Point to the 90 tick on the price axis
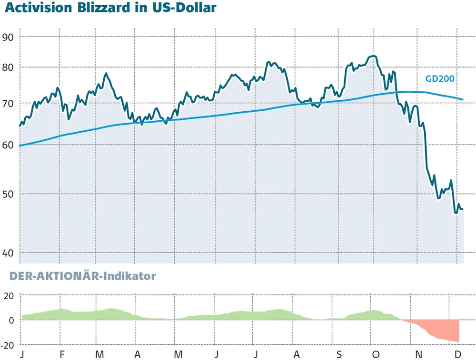(9, 37)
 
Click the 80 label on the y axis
(9, 67)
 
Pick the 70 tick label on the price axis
(9, 103)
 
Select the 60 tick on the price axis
(9, 145)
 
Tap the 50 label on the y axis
(9, 194)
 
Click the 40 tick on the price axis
(9, 253)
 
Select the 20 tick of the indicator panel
(10, 295)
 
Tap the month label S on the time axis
(339, 354)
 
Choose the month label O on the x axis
(375, 354)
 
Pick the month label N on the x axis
(418, 354)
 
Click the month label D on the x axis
(457, 354)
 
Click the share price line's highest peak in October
(374, 57)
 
